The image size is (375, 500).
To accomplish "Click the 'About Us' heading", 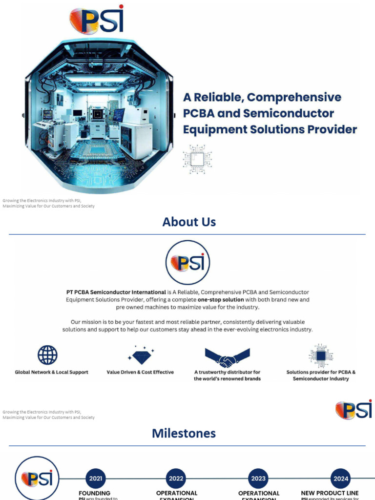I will [189, 222].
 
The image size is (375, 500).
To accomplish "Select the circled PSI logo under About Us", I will [188, 263].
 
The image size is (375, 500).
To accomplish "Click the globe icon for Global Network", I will [47, 355].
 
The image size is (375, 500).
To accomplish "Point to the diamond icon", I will [141, 355].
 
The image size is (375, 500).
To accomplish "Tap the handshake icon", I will [227, 357].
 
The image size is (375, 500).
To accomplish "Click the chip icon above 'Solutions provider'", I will [321, 355].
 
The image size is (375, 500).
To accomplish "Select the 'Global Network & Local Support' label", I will [52, 372].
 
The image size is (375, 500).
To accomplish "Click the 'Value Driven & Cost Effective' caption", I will [140, 372].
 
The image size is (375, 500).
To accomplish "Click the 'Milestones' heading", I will [184, 433].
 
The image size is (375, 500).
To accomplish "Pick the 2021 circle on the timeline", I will [96, 479].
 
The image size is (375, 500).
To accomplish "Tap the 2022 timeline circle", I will [177, 479].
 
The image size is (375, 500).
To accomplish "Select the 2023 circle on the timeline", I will [258, 479].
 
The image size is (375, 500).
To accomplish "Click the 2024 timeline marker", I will [340, 479].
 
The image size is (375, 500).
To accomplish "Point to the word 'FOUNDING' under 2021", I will [95, 493].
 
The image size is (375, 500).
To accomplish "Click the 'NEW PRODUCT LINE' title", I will [330, 493].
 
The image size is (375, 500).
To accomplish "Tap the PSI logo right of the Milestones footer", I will [354, 410].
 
